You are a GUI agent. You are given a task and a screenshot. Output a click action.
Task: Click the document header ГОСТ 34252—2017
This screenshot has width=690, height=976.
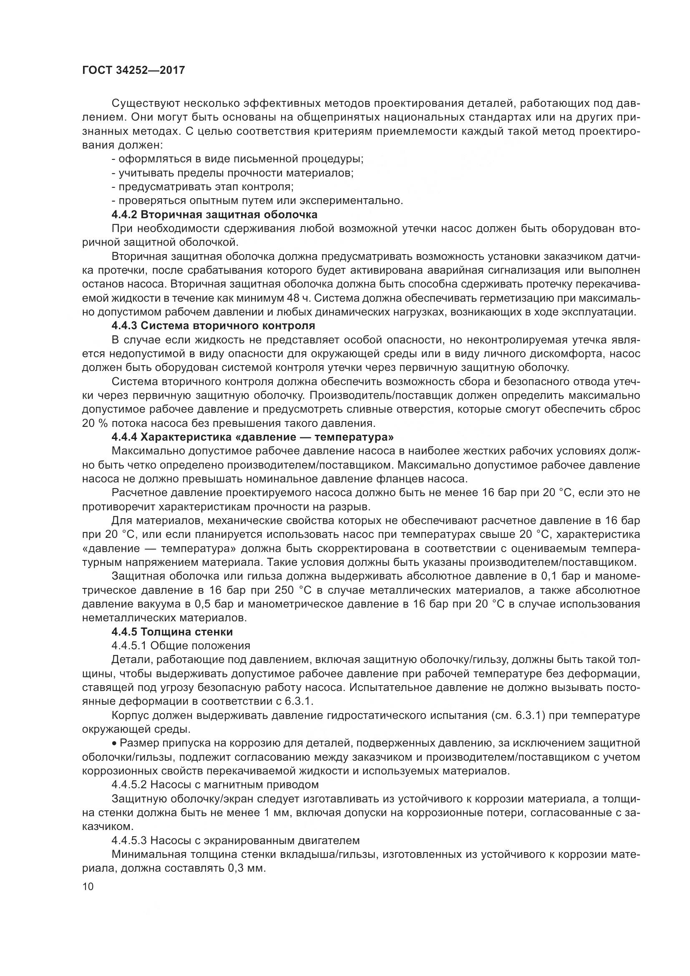133,70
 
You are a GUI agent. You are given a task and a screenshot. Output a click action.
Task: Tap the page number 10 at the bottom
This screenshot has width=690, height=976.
88,887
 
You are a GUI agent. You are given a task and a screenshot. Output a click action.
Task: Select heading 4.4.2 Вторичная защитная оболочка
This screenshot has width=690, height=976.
214,214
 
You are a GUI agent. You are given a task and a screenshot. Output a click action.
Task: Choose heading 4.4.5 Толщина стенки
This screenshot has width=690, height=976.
172,632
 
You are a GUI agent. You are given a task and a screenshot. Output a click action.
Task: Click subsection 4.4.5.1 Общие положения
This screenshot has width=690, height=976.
181,646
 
